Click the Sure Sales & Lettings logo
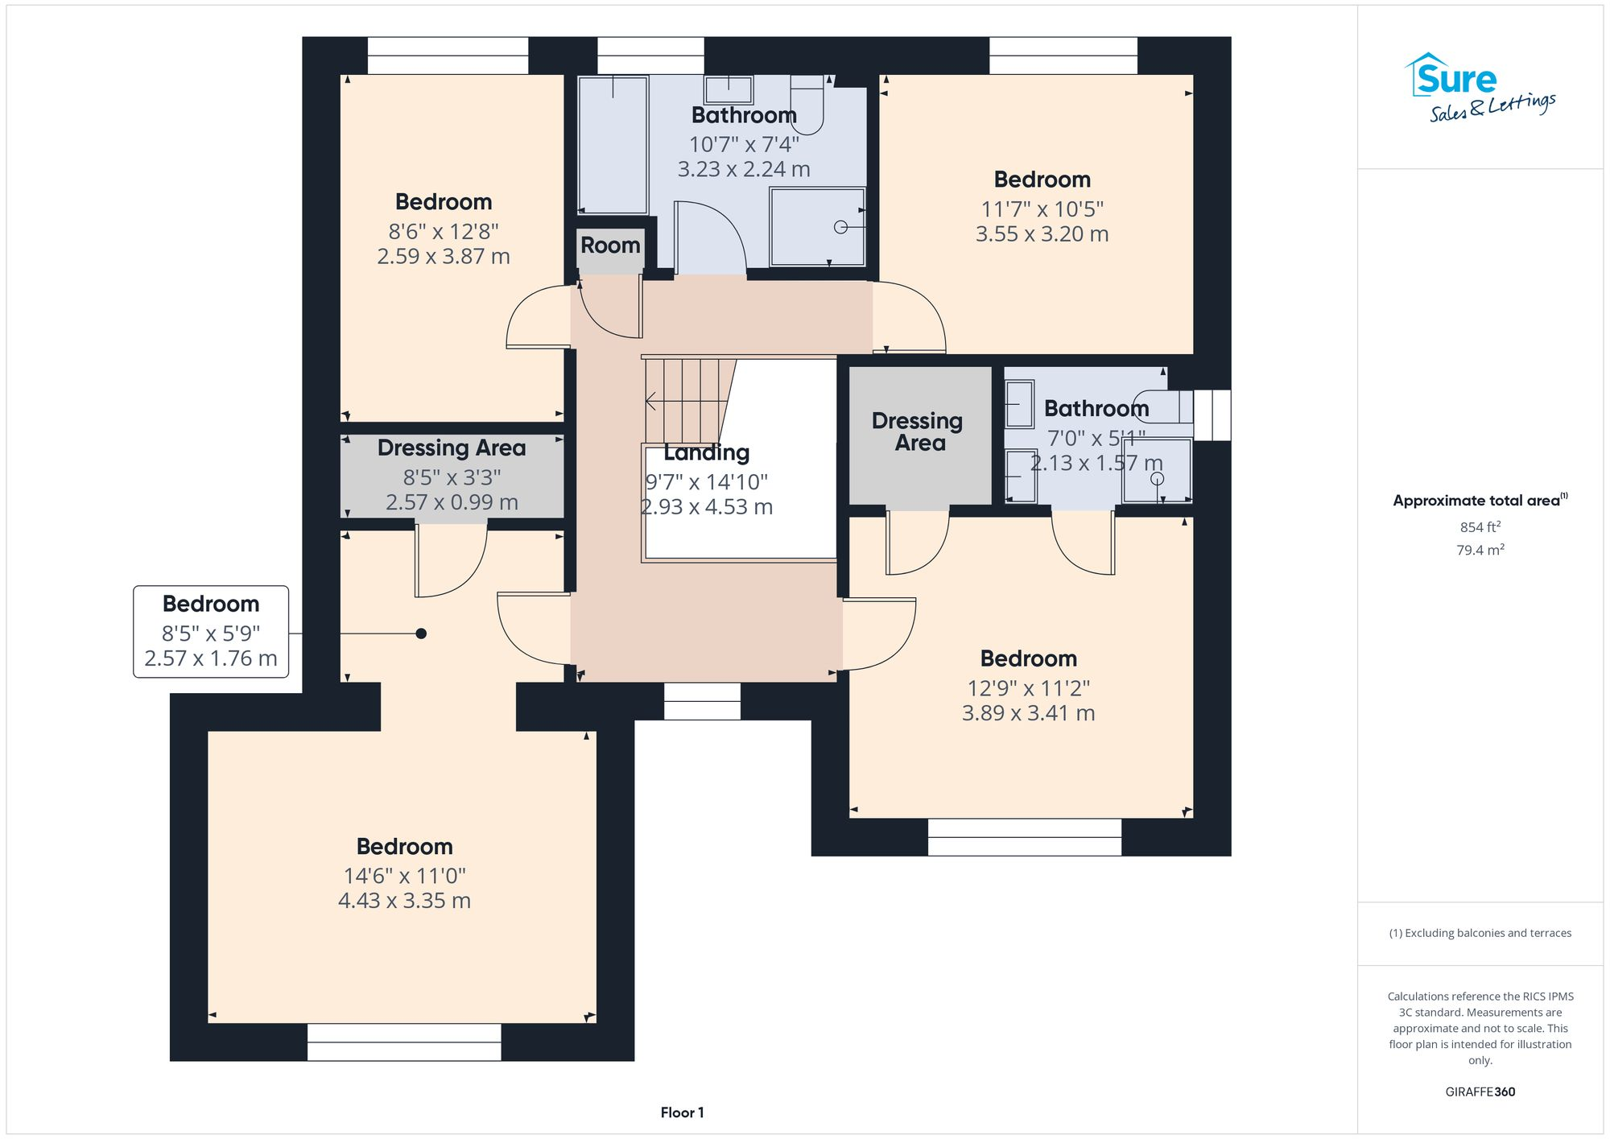tap(1480, 88)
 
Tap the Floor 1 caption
tap(682, 1112)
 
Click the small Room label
tap(610, 246)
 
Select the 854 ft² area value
tap(1480, 527)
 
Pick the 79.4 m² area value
tap(1480, 550)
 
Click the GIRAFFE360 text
tap(1480, 1092)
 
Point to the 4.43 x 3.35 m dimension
tap(404, 901)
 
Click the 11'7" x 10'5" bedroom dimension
tap(1042, 209)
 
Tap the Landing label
tap(706, 453)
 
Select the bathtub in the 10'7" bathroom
tap(613, 145)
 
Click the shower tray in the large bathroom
tap(817, 227)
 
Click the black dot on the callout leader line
tap(421, 633)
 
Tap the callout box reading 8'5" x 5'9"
tap(211, 632)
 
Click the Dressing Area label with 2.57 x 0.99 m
tap(451, 448)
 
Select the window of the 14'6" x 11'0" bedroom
tap(404, 1042)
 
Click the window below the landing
tap(702, 701)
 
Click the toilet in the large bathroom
tap(807, 105)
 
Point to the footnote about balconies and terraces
tap(1480, 933)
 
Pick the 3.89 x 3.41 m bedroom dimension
tap(1028, 713)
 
